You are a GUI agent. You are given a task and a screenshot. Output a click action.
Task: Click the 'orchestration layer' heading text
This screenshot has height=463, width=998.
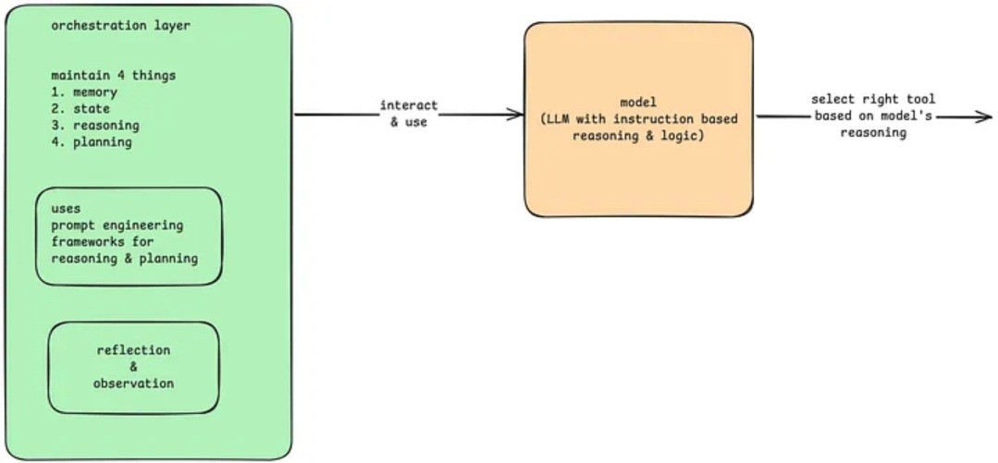(x=120, y=26)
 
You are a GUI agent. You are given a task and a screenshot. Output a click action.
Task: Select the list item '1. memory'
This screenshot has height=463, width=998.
(x=84, y=92)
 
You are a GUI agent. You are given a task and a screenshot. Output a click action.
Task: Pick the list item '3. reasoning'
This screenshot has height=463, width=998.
(x=95, y=126)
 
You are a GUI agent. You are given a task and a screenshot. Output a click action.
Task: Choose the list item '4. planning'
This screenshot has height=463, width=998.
(x=92, y=142)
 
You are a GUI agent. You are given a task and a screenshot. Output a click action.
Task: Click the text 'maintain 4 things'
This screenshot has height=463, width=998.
(x=114, y=75)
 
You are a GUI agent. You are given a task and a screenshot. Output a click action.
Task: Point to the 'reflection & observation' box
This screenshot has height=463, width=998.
(x=133, y=367)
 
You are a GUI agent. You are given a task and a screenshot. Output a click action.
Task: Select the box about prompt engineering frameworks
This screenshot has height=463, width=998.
(x=129, y=236)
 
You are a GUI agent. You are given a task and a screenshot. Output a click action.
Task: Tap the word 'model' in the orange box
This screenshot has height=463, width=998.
(x=639, y=101)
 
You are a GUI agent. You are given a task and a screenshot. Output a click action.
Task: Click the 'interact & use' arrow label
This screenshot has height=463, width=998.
(x=409, y=114)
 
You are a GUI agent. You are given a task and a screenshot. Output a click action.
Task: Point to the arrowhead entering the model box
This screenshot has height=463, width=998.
(x=516, y=115)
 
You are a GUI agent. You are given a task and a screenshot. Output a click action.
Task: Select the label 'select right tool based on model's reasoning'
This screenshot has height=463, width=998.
(x=873, y=116)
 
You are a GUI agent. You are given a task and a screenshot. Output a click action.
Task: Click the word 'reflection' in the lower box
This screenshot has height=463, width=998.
(x=133, y=350)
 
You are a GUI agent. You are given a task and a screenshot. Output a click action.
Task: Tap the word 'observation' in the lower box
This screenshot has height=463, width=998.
(x=133, y=384)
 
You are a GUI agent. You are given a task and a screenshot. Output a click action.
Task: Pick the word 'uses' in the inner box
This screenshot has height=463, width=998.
(x=67, y=209)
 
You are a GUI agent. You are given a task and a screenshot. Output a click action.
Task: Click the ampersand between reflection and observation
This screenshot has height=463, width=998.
(x=133, y=367)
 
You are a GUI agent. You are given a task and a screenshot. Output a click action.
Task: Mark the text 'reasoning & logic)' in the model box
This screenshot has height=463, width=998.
(x=639, y=136)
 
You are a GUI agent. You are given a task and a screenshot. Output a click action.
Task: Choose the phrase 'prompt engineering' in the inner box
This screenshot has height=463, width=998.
(x=117, y=225)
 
